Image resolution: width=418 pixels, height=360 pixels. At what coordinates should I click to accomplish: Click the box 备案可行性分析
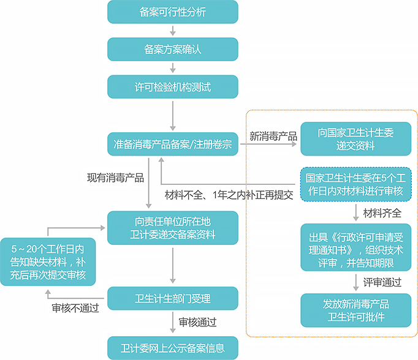pos(173,11)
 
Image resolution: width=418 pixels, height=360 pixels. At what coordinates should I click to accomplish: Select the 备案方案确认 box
pos(173,49)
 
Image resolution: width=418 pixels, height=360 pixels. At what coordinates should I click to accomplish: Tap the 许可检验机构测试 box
pos(173,87)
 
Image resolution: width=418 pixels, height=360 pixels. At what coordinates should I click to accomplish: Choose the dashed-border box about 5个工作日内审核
pos(355,184)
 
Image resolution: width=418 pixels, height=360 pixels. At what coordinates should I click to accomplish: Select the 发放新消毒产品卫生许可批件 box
pos(355,309)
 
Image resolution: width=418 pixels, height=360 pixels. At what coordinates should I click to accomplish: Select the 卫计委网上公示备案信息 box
pos(173,347)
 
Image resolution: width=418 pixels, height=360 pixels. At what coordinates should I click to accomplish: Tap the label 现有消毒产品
pos(115,178)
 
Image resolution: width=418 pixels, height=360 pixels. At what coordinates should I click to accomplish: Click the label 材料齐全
pos(382,213)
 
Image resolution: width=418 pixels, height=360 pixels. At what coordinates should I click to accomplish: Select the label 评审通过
pos(382,282)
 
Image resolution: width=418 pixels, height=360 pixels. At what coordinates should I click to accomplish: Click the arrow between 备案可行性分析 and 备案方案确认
pos(173,30)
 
